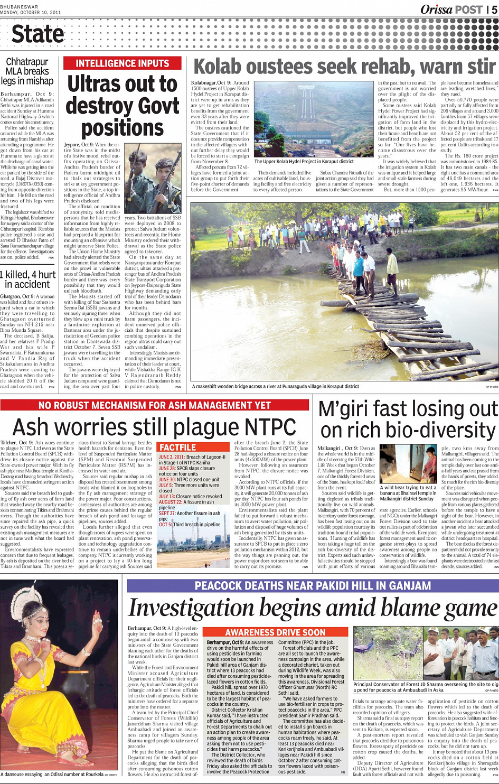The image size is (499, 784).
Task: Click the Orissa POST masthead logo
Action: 451,9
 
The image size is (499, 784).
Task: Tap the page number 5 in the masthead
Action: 494,10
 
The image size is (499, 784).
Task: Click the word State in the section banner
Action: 37,34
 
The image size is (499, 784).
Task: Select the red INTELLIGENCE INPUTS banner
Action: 122,63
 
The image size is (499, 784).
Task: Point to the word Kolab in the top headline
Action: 220,67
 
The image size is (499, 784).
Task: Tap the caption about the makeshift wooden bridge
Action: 275,386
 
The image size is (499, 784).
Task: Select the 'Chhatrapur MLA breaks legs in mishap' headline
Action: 27,71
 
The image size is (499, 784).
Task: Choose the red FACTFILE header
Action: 177,447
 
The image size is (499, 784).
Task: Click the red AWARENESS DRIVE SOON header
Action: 275,632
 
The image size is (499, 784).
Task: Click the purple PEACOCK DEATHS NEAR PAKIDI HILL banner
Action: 312,585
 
